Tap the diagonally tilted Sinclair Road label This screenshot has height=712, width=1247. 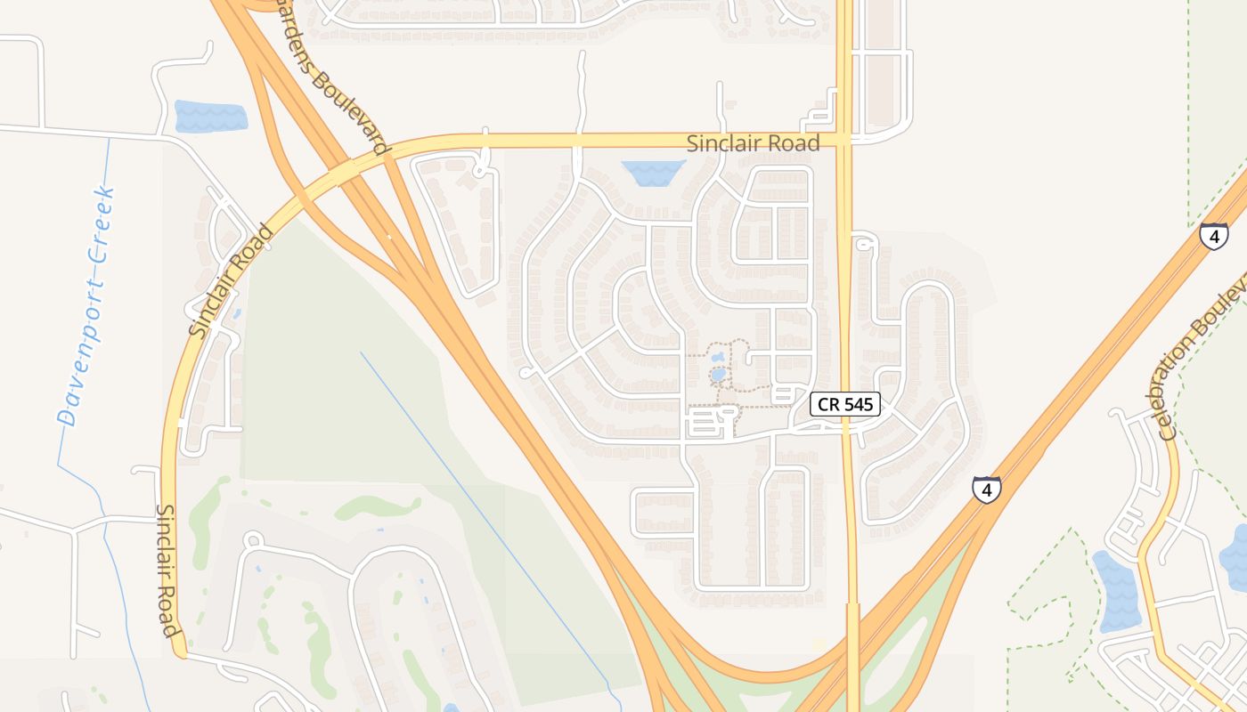click(x=232, y=281)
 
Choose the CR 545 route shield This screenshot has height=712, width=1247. click(x=845, y=405)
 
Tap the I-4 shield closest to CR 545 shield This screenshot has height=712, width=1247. click(x=986, y=489)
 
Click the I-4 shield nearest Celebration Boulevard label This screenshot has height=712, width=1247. click(x=1213, y=236)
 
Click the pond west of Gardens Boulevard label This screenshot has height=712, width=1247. click(x=211, y=117)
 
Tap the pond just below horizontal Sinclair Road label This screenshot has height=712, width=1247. click(x=653, y=173)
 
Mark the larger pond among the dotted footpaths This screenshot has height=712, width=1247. click(x=718, y=375)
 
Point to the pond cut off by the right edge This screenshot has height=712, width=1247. click(x=1235, y=556)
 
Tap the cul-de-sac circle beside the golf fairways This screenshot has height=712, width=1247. click(x=253, y=539)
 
